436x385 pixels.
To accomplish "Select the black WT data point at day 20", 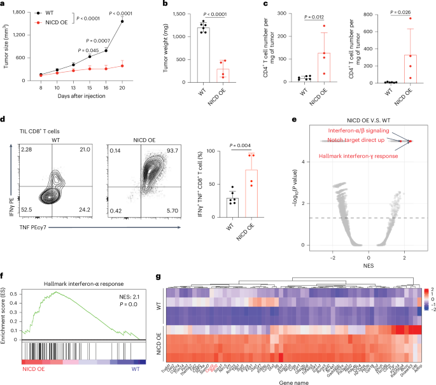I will [139, 22].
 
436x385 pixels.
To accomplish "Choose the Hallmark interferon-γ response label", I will [360, 155].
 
